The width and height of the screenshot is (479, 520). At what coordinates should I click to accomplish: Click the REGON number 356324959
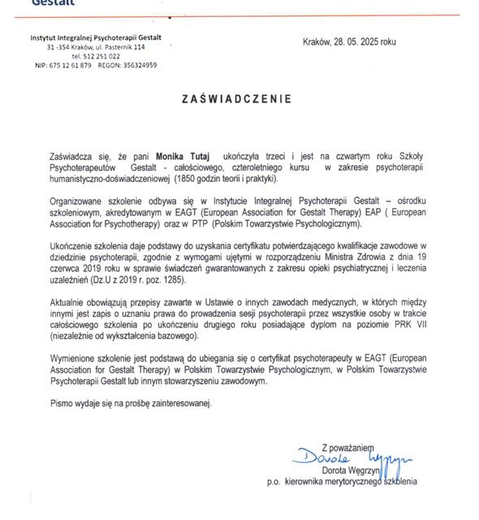tap(139, 65)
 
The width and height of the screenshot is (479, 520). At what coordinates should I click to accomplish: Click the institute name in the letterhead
tap(96, 38)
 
